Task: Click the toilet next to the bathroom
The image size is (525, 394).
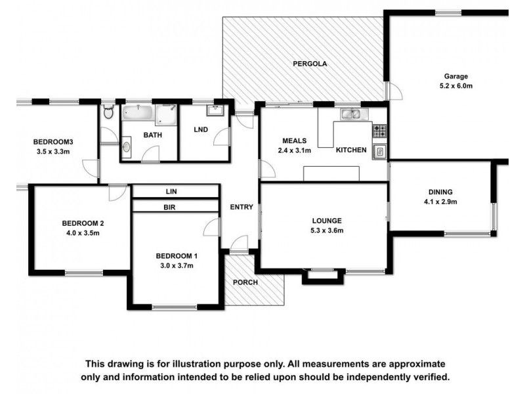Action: point(109,113)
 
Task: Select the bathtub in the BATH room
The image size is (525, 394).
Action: point(138,114)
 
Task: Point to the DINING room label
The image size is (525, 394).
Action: point(440,192)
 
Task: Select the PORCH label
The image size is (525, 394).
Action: point(245,282)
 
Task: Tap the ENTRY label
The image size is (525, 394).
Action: point(241,207)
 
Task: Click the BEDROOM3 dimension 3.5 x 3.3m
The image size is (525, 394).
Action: point(52,152)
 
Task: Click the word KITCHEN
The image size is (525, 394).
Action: point(351,150)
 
